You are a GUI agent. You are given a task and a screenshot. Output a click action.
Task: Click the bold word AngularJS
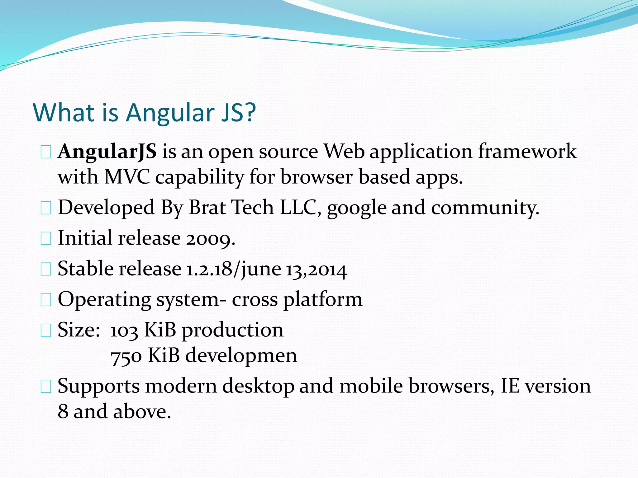pos(107,152)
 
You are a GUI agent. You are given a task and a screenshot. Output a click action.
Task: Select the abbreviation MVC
pos(127,177)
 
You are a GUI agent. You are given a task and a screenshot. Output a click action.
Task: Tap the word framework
pos(527,152)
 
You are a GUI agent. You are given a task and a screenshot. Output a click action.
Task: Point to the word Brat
pos(207,208)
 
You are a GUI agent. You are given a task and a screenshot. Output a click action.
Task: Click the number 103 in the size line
pos(124,330)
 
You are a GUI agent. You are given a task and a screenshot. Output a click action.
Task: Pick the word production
pos(232,330)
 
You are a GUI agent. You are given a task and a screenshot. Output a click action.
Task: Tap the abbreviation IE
pos(510,386)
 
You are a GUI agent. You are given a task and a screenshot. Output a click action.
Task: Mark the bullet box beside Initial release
pos(46,239)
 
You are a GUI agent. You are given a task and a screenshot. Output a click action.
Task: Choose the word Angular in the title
pos(170,113)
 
